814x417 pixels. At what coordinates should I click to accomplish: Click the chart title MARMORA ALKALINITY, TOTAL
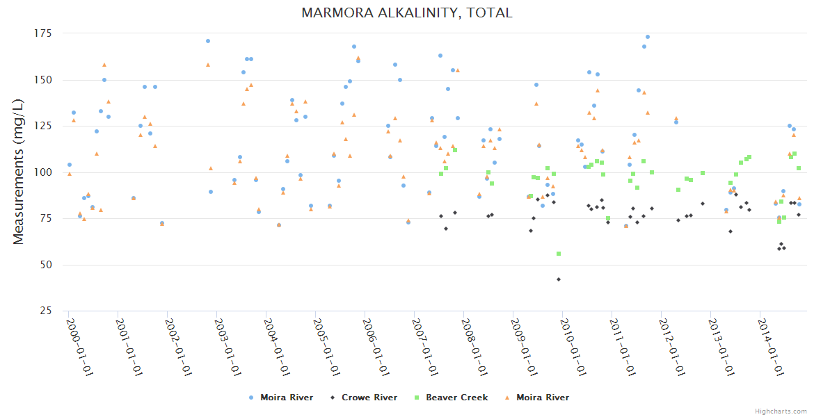407,13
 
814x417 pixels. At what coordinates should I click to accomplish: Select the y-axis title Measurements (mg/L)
19,171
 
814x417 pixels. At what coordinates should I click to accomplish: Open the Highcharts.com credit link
781,411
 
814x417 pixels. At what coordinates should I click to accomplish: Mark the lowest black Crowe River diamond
559,279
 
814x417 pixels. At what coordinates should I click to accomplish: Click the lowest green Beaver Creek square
559,254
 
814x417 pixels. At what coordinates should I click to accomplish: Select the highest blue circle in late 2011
648,37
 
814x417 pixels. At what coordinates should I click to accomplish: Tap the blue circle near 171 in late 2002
208,41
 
